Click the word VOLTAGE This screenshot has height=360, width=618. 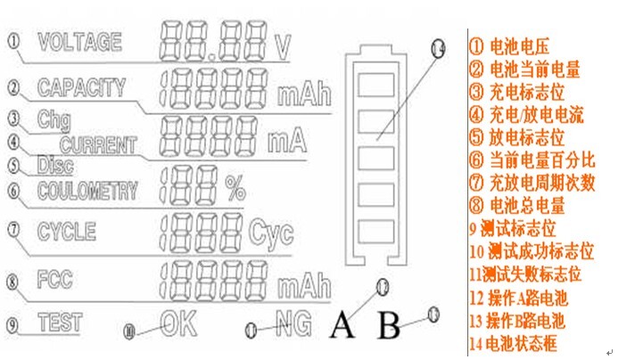[79, 41]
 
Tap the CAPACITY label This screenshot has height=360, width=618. [81, 86]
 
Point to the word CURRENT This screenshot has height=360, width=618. [98, 144]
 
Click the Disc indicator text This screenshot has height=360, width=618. [55, 165]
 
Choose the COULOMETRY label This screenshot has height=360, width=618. [87, 190]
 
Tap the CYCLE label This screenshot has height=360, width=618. [66, 232]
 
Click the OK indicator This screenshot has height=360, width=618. [177, 323]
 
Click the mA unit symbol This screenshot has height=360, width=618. [285, 141]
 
